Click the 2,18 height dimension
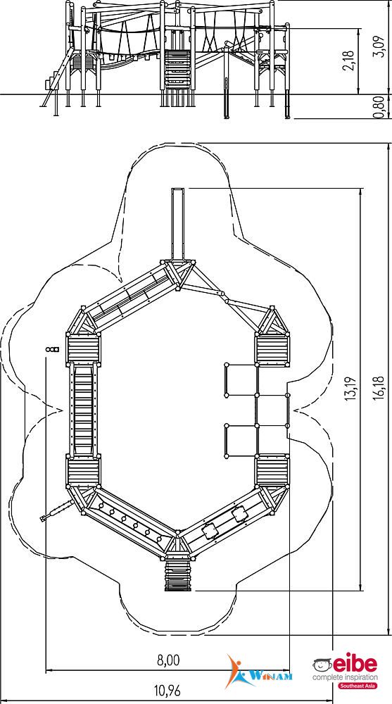pyautogui.click(x=350, y=59)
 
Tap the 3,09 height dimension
pyautogui.click(x=379, y=46)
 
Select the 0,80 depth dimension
pyautogui.click(x=379, y=107)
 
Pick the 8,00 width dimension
pyautogui.click(x=168, y=660)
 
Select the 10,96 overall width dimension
pyautogui.click(x=167, y=691)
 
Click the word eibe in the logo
pyautogui.click(x=355, y=664)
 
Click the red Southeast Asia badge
pyautogui.click(x=358, y=686)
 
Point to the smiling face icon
pyautogui.click(x=322, y=665)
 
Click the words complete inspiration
pyautogui.click(x=346, y=677)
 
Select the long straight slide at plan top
pyautogui.click(x=179, y=225)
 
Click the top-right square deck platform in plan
pyautogui.click(x=272, y=350)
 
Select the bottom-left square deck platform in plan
pyautogui.click(x=83, y=471)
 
